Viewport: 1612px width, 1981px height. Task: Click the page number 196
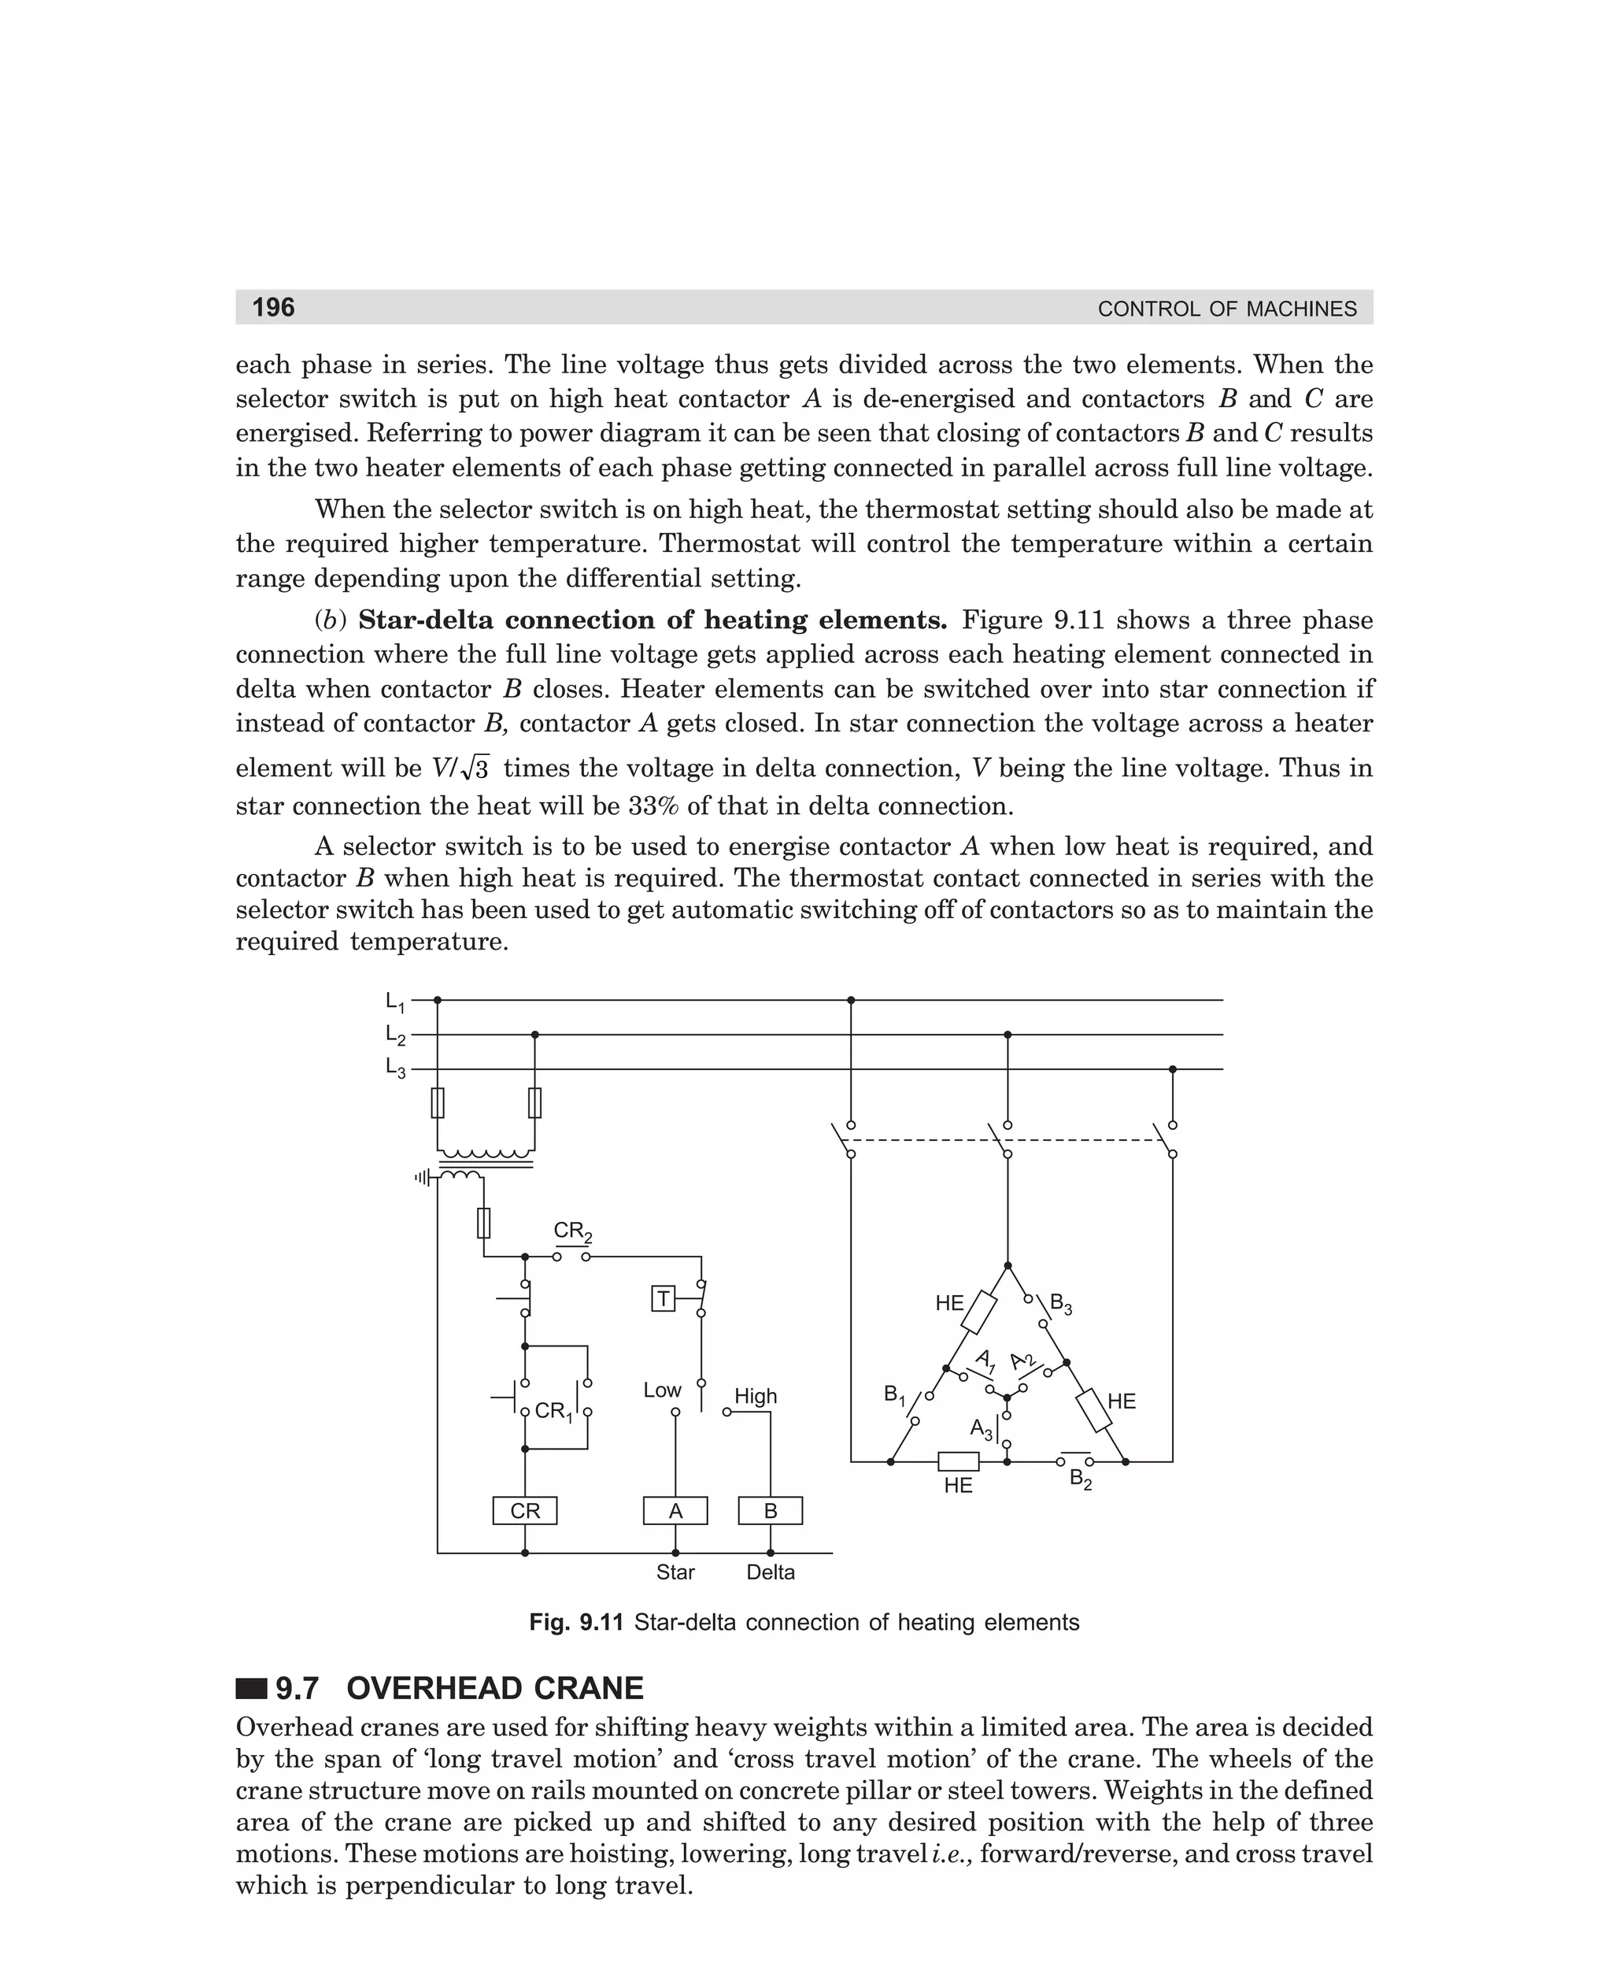pyautogui.click(x=273, y=307)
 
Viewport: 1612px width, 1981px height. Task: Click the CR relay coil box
pyautogui.click(x=525, y=1511)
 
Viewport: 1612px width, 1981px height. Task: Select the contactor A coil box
pyautogui.click(x=675, y=1511)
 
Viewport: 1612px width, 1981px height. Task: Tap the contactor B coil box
pyautogui.click(x=770, y=1511)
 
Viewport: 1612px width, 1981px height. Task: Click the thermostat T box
pyautogui.click(x=663, y=1298)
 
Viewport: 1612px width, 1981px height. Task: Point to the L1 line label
pyautogui.click(x=394, y=1002)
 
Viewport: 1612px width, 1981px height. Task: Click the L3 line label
pyautogui.click(x=394, y=1069)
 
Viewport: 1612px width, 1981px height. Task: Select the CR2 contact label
pyautogui.click(x=572, y=1232)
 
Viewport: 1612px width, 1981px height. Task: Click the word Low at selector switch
pyautogui.click(x=662, y=1390)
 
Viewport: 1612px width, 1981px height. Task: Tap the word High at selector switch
pyautogui.click(x=756, y=1396)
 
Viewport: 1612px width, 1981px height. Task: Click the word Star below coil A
pyautogui.click(x=675, y=1572)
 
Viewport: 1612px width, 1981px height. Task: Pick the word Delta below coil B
pyautogui.click(x=771, y=1572)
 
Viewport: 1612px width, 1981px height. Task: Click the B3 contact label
pyautogui.click(x=1060, y=1303)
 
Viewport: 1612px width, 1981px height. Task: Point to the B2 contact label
pyautogui.click(x=1081, y=1479)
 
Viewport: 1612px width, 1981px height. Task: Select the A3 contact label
pyautogui.click(x=982, y=1428)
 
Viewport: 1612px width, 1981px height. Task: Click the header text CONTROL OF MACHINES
pyautogui.click(x=1226, y=309)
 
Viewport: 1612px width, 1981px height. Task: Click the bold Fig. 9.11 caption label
pyautogui.click(x=575, y=1623)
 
